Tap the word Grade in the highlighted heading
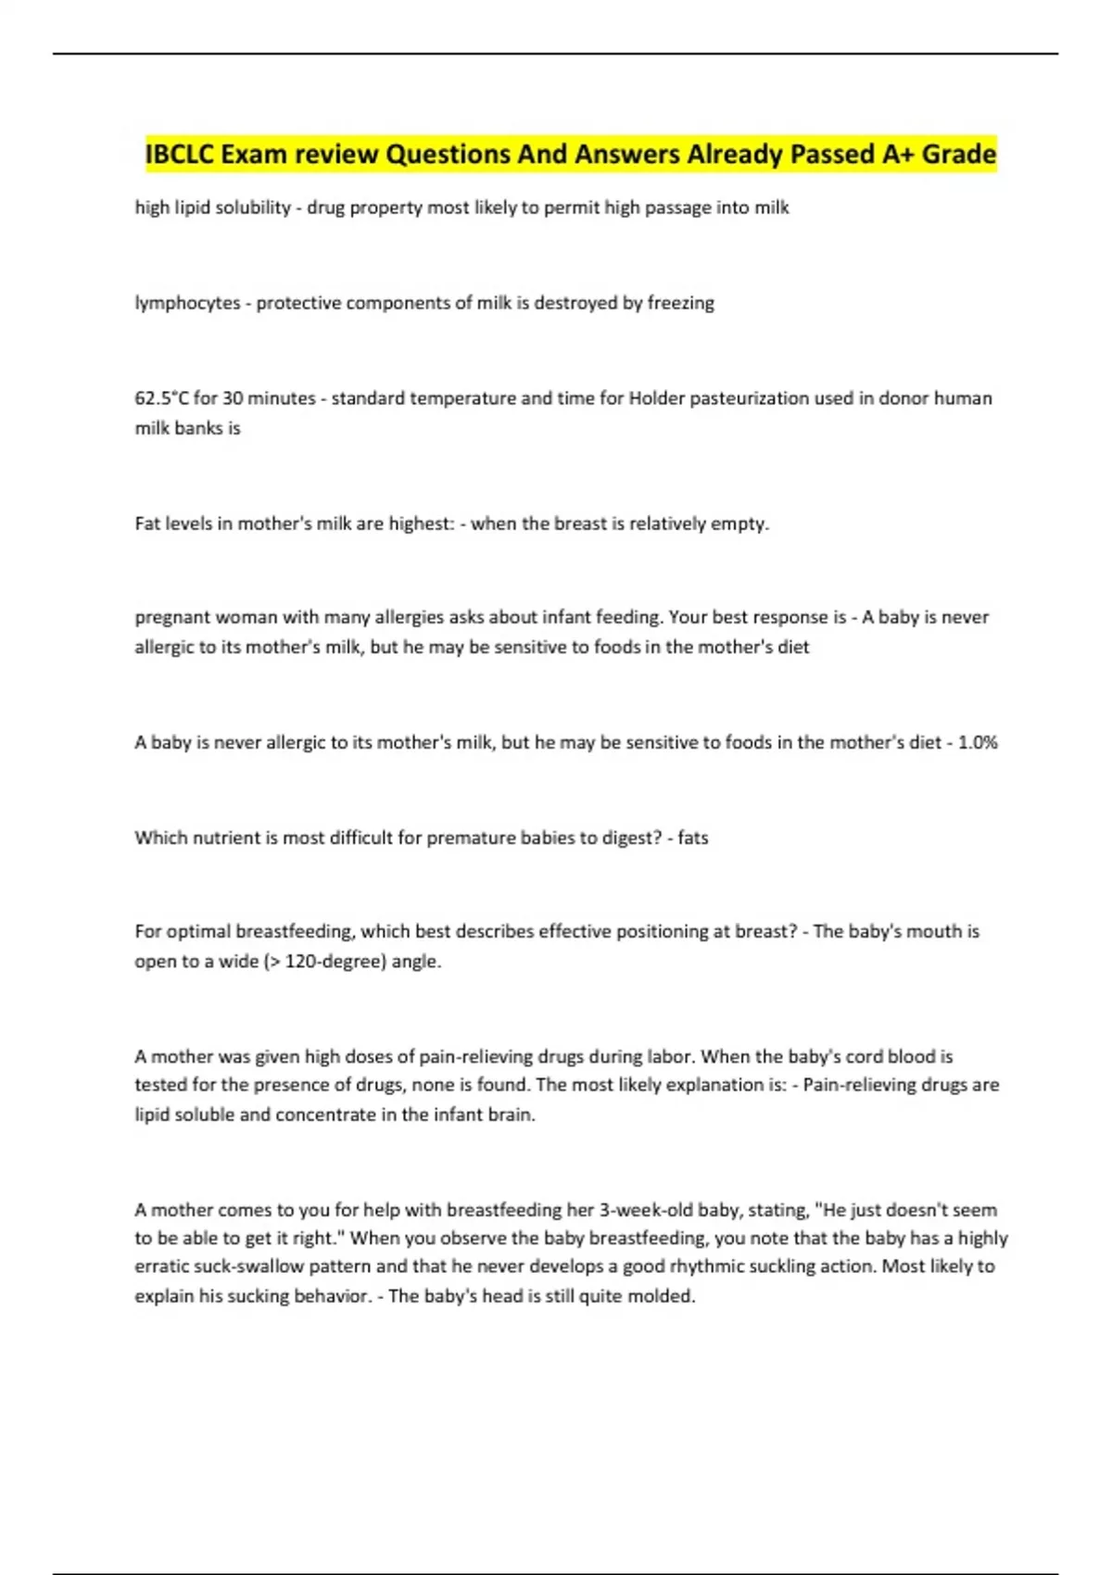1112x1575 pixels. click(958, 154)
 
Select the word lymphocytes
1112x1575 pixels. click(187, 303)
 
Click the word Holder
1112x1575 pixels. click(659, 398)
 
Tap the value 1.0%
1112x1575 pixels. click(978, 742)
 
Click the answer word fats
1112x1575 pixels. click(693, 838)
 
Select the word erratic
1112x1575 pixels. click(161, 1266)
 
